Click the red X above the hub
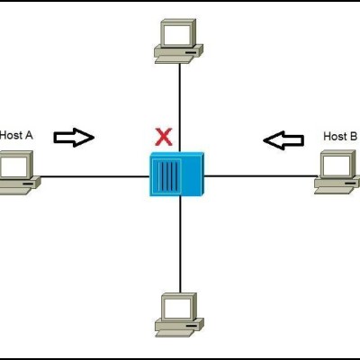pos(164,137)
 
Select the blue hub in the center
pos(176,175)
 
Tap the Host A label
pos(16,135)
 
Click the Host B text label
pos(340,137)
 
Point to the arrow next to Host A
pos(74,138)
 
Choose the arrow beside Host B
pos(283,140)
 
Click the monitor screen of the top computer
pos(176,34)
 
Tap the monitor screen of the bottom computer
pos(177,309)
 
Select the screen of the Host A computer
pos(13,166)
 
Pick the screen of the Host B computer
pos(337,166)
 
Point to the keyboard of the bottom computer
pos(175,333)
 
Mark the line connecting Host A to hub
pos(94,176)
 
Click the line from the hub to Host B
pos(260,176)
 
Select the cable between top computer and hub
pos(179,108)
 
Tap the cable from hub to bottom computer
pos(180,245)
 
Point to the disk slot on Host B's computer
pos(349,183)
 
